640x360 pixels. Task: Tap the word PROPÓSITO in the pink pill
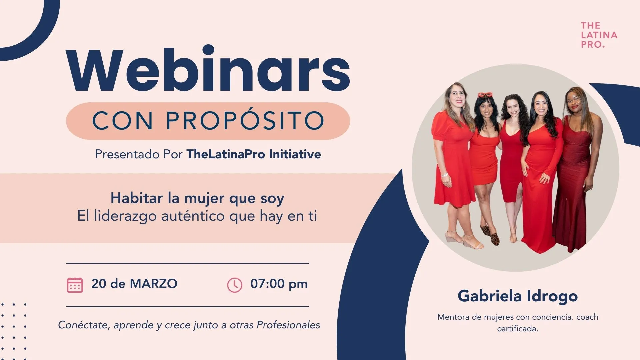point(245,120)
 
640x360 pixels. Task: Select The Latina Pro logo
point(599,35)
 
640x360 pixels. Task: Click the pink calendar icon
point(75,285)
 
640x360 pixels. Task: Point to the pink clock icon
point(235,285)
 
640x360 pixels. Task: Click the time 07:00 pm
point(279,284)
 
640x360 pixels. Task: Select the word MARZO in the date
point(154,284)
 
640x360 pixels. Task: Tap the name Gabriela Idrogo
point(518,296)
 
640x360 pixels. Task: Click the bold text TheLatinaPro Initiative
point(254,154)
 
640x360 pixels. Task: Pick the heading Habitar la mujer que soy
point(197,198)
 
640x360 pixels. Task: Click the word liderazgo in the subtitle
point(126,216)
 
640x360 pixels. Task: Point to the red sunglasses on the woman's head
point(485,95)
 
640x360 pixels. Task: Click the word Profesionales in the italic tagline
point(288,325)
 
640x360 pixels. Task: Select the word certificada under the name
point(517,329)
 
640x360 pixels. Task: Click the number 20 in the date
point(99,284)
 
